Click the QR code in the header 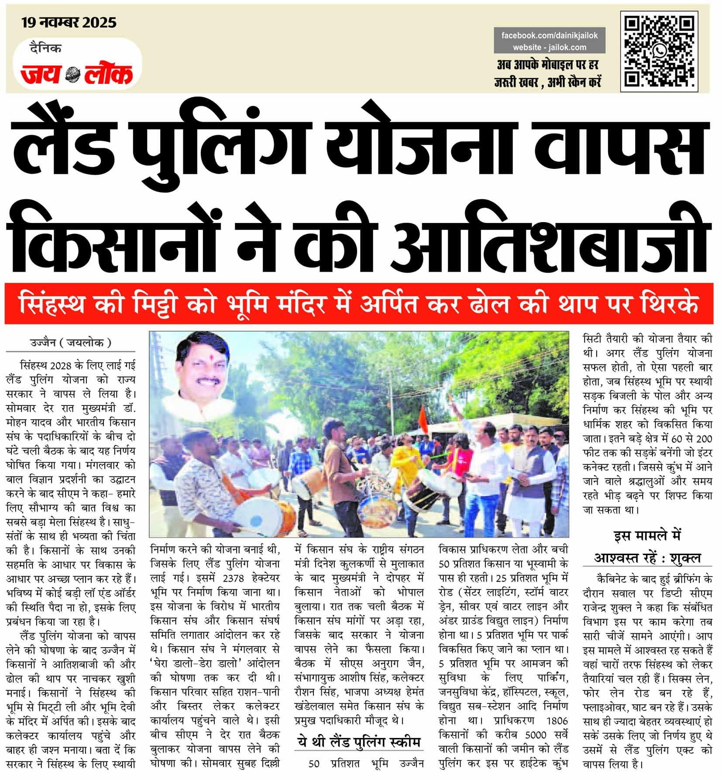click(x=658, y=51)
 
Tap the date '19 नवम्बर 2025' click(x=69, y=22)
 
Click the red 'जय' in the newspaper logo click(x=40, y=74)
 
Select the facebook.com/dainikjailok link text click(x=549, y=35)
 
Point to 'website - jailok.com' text click(x=549, y=47)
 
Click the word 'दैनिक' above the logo click(x=46, y=48)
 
